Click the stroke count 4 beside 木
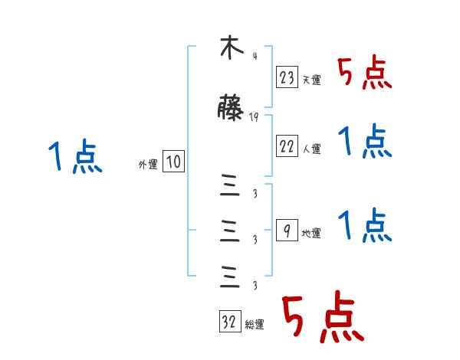[254, 56]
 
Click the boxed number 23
[287, 77]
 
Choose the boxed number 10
[173, 162]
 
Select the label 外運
[147, 164]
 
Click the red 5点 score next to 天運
[364, 74]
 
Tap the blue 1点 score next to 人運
[364, 142]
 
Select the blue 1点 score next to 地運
[364, 226]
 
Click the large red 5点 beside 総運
[322, 318]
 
